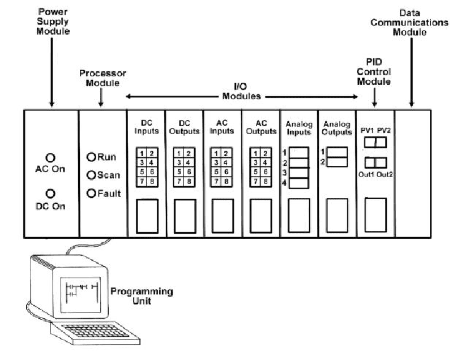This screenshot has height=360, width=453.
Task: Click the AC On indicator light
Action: (x=50, y=157)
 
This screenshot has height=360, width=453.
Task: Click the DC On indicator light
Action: (x=50, y=194)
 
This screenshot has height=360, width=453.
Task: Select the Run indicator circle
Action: (x=91, y=157)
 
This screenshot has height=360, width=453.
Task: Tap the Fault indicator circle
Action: (x=91, y=194)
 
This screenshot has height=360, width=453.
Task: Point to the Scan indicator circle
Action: (x=91, y=175)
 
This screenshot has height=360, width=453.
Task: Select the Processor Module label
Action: (x=102, y=79)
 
